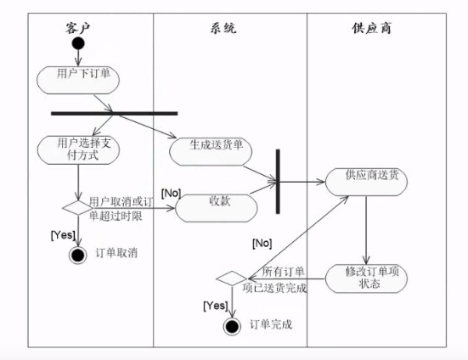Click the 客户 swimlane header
click(x=77, y=28)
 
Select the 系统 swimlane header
click(x=223, y=28)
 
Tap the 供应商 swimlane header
click(x=371, y=28)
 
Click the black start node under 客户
click(x=78, y=43)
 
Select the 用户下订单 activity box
click(x=78, y=80)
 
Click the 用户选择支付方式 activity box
click(x=78, y=150)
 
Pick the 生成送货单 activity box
click(x=211, y=151)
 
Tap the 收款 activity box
click(x=217, y=208)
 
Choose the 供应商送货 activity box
click(x=366, y=182)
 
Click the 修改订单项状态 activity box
click(x=366, y=278)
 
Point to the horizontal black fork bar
click(x=115, y=113)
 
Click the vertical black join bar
click(x=278, y=182)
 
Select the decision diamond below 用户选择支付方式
click(x=78, y=207)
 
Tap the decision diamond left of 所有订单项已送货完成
click(x=232, y=278)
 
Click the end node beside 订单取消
click(x=78, y=256)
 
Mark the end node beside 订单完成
click(x=232, y=326)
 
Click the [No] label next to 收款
click(x=171, y=194)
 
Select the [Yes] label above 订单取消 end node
click(x=63, y=235)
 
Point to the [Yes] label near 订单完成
click(x=216, y=306)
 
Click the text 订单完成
click(x=271, y=324)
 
